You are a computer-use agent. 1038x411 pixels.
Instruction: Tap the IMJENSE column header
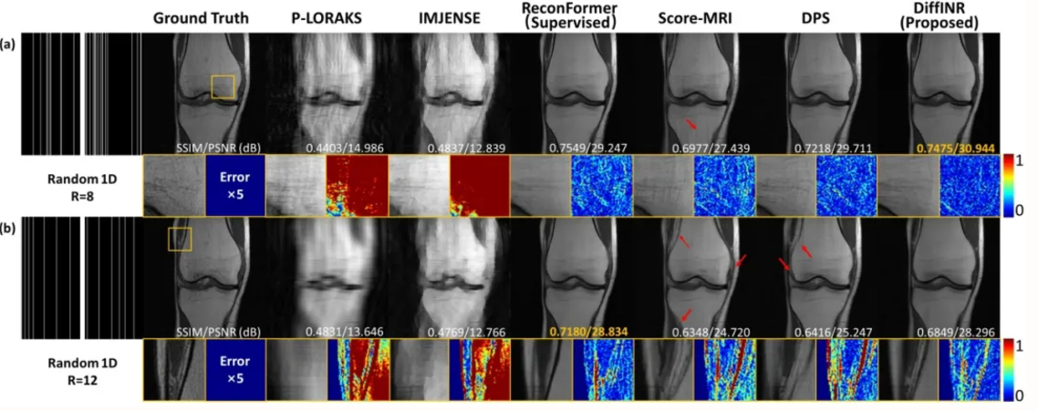coord(435,18)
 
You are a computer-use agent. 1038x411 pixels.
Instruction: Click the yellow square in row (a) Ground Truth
coord(223,87)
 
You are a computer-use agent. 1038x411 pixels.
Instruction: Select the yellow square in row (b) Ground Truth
coord(180,238)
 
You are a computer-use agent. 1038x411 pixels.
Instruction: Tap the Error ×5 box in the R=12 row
coord(235,369)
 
